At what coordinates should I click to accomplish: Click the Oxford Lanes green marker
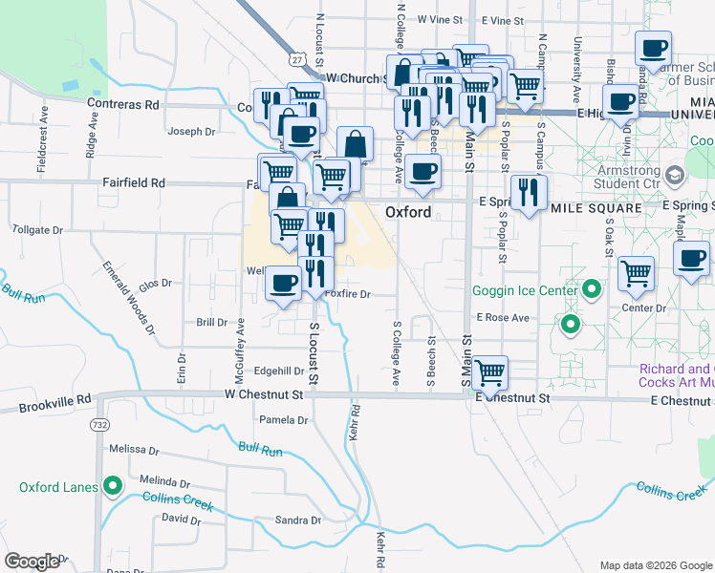coord(113,487)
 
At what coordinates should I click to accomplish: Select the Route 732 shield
coord(98,423)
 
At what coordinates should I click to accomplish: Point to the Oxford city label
coord(408,211)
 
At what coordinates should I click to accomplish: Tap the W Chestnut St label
coord(263,393)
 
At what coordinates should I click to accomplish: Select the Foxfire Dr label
coord(347,295)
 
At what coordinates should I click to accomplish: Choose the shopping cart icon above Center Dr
coord(636,274)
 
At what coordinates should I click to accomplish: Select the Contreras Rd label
coord(122,103)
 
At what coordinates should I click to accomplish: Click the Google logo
coord(32,562)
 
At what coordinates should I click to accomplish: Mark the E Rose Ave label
coord(496,317)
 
